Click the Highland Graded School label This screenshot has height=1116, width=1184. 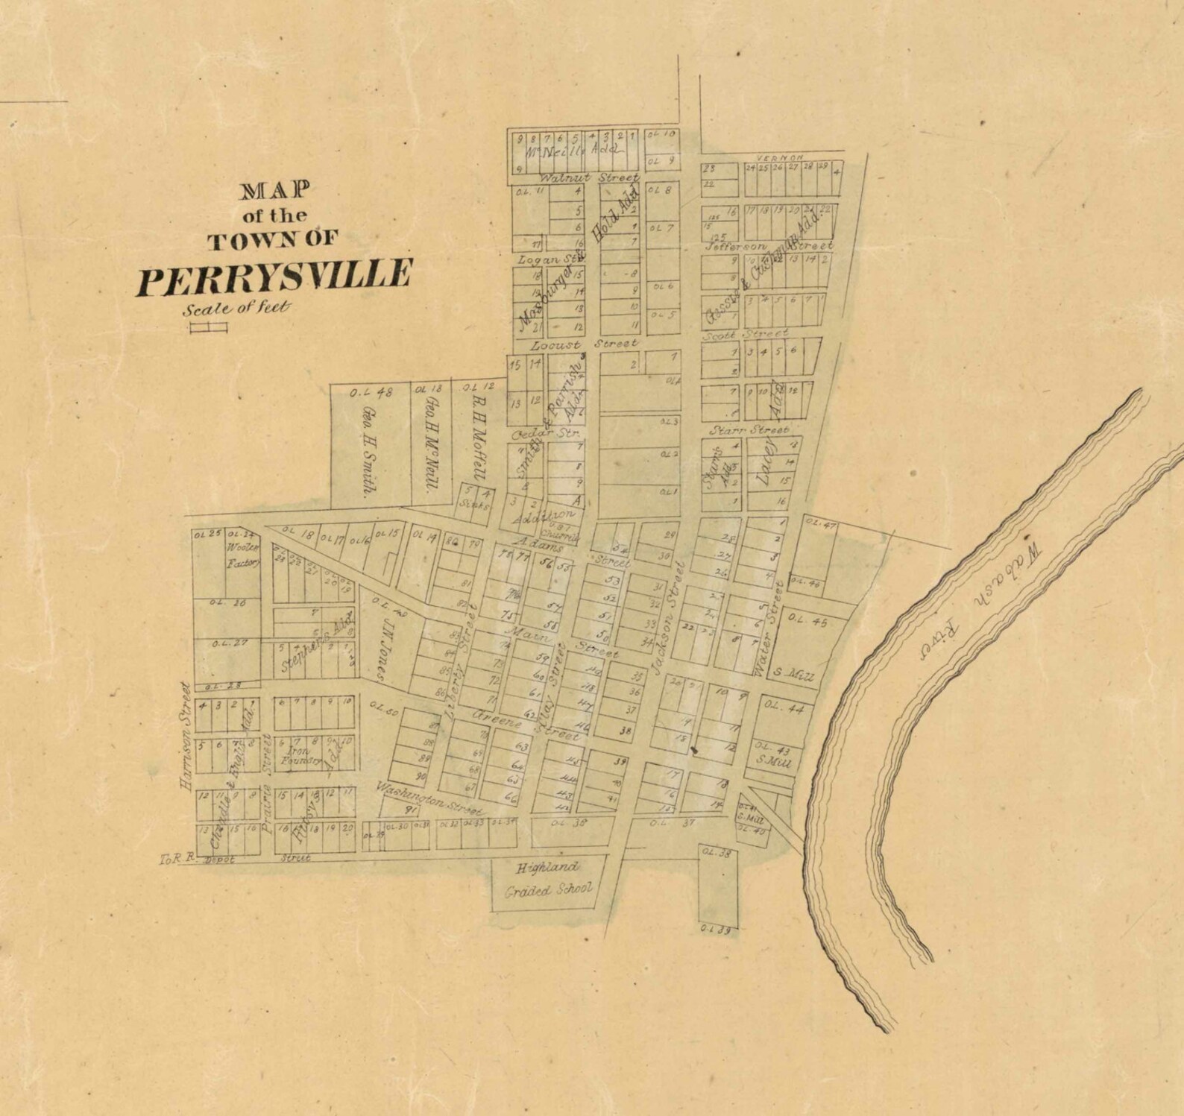click(x=548, y=878)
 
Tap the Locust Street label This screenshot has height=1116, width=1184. click(x=584, y=344)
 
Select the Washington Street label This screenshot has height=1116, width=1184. click(x=429, y=798)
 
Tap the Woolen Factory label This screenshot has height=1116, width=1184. click(x=242, y=556)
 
